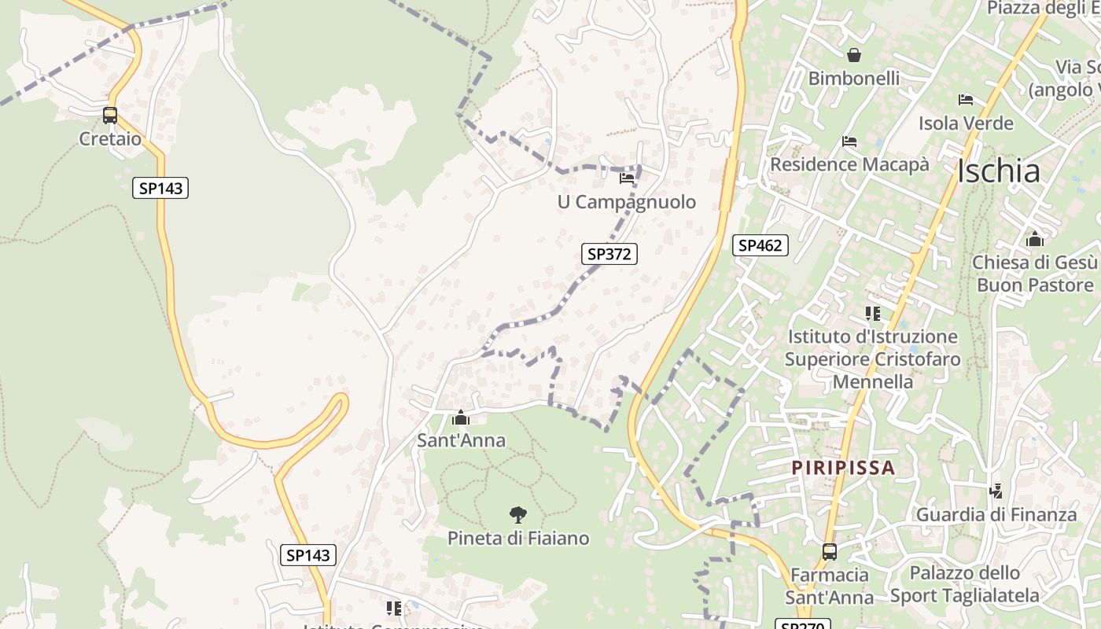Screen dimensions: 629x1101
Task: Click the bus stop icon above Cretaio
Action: click(x=110, y=116)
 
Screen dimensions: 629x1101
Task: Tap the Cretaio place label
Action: click(x=110, y=139)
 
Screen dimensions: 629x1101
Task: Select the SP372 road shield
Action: click(x=609, y=254)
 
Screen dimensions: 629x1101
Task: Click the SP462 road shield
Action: click(x=760, y=245)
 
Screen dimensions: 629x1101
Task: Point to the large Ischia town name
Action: click(x=999, y=171)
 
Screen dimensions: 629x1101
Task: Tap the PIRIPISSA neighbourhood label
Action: click(x=843, y=468)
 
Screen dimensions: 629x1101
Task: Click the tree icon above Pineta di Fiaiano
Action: click(x=517, y=515)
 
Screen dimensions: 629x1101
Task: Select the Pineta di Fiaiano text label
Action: click(x=517, y=539)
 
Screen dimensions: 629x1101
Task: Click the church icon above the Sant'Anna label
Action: click(x=461, y=417)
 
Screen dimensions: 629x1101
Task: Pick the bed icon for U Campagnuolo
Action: click(x=627, y=178)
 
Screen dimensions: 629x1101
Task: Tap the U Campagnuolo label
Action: click(x=627, y=202)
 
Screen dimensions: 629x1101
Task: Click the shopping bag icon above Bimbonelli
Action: click(x=853, y=55)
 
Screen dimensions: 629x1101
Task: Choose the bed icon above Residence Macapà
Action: click(x=849, y=142)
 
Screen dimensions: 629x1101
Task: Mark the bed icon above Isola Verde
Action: click(x=966, y=100)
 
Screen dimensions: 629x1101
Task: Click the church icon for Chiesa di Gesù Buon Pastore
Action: click(x=1034, y=239)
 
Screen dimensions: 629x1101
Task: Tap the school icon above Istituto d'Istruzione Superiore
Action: click(x=872, y=314)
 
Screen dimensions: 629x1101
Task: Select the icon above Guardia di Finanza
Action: click(x=996, y=491)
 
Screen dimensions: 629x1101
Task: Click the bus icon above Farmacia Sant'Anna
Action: click(x=829, y=552)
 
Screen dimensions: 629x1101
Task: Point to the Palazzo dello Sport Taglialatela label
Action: click(x=965, y=584)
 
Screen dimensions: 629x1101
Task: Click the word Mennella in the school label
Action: click(x=872, y=382)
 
